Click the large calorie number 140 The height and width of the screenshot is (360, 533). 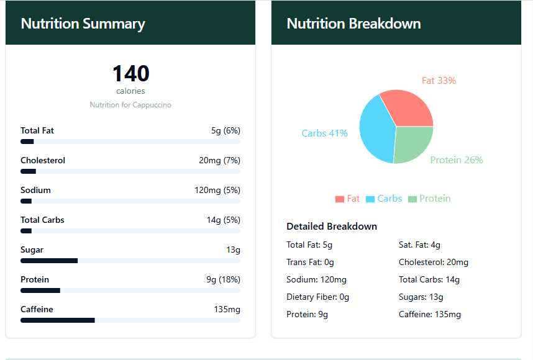[x=130, y=74]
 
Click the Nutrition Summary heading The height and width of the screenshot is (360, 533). [x=83, y=24]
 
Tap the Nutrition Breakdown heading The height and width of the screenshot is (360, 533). [x=353, y=24]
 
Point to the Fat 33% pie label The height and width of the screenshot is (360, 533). [x=439, y=81]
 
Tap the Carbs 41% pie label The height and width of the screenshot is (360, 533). [x=324, y=133]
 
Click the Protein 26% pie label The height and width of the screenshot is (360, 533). [x=456, y=160]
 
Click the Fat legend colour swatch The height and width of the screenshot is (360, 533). [x=340, y=199]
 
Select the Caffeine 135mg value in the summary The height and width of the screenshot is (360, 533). [x=227, y=309]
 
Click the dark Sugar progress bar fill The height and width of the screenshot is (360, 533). [x=49, y=261]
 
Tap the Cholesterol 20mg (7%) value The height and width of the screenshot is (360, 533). [x=219, y=160]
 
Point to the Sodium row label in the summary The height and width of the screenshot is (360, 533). [x=35, y=190]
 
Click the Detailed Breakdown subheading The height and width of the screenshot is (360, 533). [x=331, y=226]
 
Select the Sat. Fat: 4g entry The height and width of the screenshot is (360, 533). [x=419, y=245]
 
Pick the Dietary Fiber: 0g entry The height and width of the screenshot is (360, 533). [x=317, y=297]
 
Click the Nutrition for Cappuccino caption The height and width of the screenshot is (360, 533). [x=130, y=105]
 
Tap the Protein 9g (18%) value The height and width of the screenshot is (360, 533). [x=223, y=279]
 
